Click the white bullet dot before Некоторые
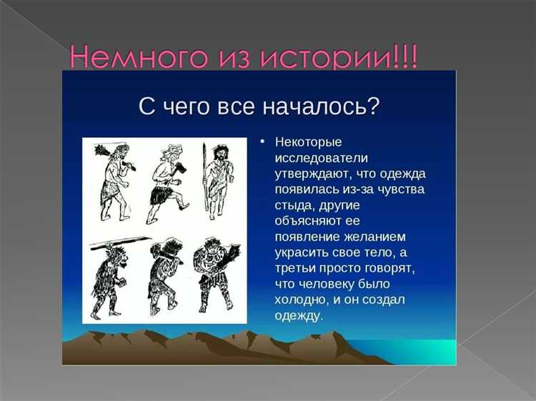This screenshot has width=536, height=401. click(x=263, y=142)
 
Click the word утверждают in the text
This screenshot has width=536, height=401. click(x=314, y=173)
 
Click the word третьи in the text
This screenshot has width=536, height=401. click(x=296, y=268)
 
